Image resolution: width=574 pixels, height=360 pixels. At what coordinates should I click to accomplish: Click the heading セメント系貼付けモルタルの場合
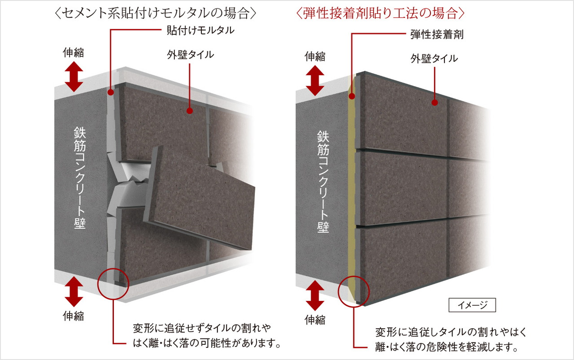pos(156,13)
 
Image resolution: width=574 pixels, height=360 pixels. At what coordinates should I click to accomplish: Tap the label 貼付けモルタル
pos(200,30)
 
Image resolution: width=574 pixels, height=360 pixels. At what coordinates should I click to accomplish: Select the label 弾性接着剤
pos(437,35)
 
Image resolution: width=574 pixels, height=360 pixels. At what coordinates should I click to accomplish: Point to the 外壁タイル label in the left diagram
pos(191,55)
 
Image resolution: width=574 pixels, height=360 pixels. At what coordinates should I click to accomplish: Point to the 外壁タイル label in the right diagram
pos(434,59)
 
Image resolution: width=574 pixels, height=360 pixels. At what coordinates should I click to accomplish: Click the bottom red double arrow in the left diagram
pos(74,291)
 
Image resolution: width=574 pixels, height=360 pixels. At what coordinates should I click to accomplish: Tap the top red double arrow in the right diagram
pos(315,80)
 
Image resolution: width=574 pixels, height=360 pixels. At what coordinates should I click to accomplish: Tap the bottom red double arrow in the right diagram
pos(315,295)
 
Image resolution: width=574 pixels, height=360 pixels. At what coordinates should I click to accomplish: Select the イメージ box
pos(472,305)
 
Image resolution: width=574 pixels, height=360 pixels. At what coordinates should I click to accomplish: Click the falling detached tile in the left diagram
pos(200,197)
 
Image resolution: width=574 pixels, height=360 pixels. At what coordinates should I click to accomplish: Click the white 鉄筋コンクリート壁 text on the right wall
pos(323,182)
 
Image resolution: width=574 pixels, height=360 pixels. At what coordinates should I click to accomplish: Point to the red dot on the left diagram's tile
pos(190,111)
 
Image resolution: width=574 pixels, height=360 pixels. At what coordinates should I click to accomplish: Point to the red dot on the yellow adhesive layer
pos(352,96)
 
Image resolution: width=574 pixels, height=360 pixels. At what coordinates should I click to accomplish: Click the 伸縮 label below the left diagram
pos(74,316)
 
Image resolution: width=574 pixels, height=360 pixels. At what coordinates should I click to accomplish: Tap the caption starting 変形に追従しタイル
pos(451,339)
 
